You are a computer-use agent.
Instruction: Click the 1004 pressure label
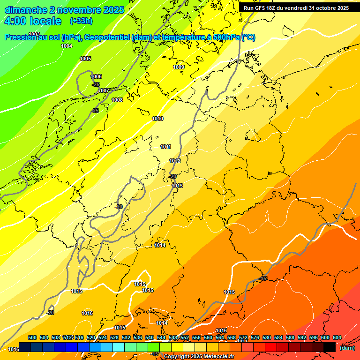[67, 46]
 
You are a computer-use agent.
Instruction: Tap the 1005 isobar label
[85, 59]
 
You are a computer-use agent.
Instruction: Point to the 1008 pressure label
[117, 100]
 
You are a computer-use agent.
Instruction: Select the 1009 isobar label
[179, 67]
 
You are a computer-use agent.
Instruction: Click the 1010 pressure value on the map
[157, 119]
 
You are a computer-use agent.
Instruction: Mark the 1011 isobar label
[165, 147]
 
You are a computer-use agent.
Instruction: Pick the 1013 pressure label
[178, 186]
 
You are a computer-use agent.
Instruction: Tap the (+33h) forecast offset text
[81, 21]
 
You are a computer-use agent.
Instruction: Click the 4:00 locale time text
[33, 21]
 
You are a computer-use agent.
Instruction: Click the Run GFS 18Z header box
[296, 8]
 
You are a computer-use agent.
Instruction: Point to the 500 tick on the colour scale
[32, 337]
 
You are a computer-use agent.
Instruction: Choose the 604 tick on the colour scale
[337, 337]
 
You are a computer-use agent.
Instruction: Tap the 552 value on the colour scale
[185, 337]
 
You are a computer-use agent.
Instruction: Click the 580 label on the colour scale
[267, 337]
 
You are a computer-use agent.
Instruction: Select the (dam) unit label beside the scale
[347, 348]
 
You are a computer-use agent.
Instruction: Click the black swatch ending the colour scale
[330, 347]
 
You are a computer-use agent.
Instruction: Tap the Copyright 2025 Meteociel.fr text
[199, 357]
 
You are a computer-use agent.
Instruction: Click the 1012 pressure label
[175, 161]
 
